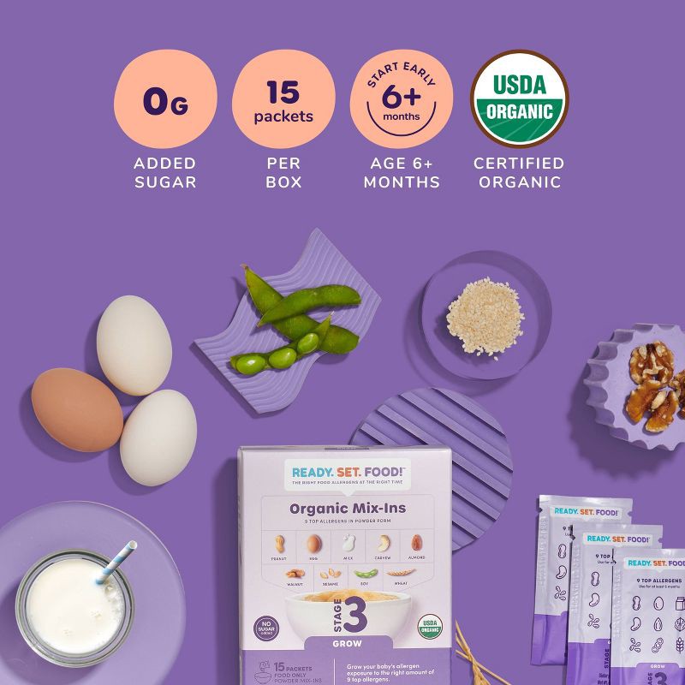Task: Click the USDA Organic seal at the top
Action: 519,99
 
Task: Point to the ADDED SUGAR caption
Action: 164,172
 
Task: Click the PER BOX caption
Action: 283,172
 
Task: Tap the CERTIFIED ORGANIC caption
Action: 519,172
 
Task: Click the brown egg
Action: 76,409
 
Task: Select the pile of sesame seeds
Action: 484,316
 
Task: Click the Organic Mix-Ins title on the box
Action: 347,509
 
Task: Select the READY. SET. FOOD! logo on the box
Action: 347,472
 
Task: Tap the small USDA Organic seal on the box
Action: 429,626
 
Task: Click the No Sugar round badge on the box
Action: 266,627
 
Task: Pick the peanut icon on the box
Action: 279,545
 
